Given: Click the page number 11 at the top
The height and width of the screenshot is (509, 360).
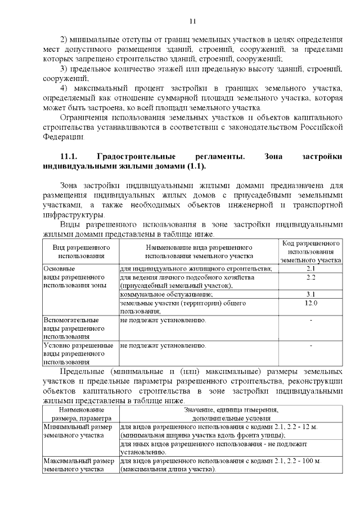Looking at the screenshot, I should [192, 21].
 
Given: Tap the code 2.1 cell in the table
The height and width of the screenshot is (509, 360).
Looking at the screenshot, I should [311, 269].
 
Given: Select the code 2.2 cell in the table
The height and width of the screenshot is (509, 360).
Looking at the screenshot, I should [311, 278].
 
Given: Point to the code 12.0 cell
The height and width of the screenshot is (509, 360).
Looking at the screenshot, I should [311, 303].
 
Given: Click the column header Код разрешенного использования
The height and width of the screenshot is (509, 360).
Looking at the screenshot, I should [311, 251].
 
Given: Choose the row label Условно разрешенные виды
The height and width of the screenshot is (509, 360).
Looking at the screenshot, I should [78, 353].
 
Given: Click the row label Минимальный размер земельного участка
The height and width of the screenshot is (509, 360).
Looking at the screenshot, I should [78, 431].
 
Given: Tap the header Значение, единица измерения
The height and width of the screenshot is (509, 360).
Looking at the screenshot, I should [231, 411].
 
